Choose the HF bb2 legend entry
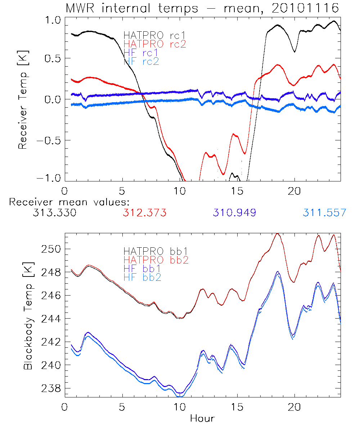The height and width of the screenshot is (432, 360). (143, 277)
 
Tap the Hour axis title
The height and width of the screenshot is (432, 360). (202, 418)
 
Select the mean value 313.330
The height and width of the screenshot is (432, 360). (54, 213)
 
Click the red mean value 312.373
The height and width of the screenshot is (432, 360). (144, 213)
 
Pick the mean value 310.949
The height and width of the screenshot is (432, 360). (234, 213)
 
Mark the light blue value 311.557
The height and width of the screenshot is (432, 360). (324, 213)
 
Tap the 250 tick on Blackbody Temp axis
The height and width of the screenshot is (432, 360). (51, 249)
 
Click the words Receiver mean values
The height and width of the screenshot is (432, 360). (69, 202)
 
